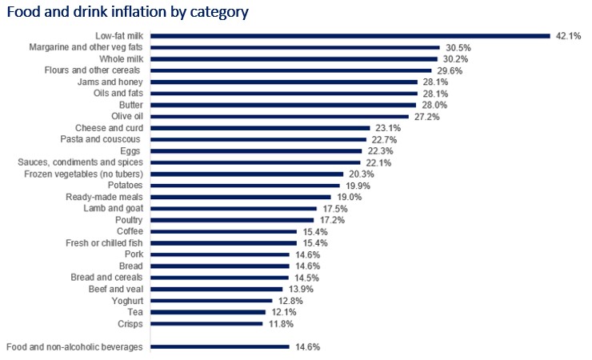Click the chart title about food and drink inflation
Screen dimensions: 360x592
127,12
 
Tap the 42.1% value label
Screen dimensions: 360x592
568,36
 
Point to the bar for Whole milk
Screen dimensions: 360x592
294,59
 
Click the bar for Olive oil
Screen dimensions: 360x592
280,117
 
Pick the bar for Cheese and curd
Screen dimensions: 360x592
260,128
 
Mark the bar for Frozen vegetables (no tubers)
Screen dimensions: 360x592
247,174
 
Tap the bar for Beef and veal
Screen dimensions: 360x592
217,290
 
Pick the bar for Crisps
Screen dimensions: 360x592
206,324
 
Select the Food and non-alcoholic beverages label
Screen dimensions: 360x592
74,347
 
